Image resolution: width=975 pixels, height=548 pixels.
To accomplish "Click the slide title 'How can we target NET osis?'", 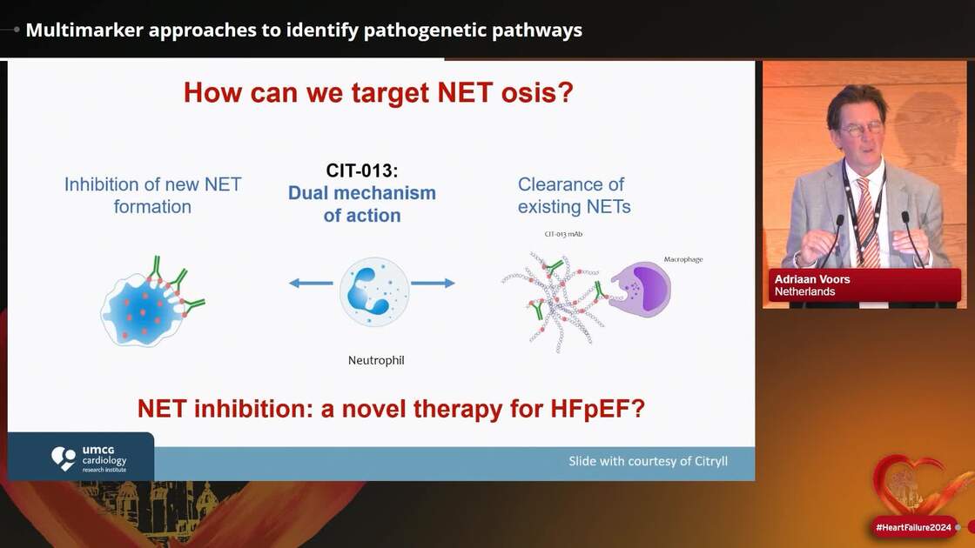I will point(379,92).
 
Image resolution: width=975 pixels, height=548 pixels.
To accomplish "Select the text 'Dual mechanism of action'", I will point(361,204).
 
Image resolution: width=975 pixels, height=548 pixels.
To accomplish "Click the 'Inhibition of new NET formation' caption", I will point(152,195).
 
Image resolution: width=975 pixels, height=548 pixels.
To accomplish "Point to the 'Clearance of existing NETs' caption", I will point(574,195).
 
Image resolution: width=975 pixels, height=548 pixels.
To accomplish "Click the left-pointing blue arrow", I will point(311,283).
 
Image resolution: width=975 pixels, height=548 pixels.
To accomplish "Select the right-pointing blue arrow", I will point(433,283).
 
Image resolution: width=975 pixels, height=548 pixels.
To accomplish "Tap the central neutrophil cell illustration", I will point(374,291).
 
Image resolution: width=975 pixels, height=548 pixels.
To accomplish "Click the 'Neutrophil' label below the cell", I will point(376,359).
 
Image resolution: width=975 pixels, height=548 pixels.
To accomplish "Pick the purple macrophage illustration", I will point(641,289).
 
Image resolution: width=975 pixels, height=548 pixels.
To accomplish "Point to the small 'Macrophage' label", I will point(682,259).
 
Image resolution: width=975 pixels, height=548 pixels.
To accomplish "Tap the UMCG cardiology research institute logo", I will point(87,458).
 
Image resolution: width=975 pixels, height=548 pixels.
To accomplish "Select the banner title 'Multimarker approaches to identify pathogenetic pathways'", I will point(304,30).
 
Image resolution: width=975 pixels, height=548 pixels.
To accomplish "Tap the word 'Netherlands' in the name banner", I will point(804,292).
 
